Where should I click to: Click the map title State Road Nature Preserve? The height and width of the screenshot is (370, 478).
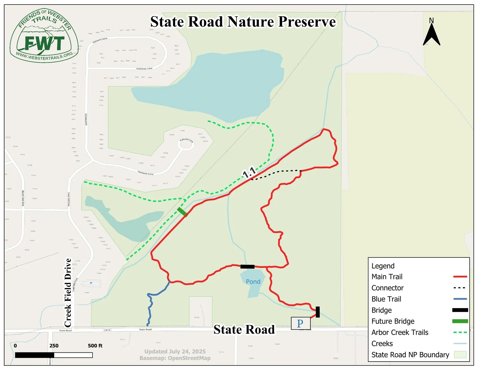click(243, 22)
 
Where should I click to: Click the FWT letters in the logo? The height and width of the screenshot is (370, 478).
click(45, 43)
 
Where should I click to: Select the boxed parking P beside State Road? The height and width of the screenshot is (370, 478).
click(301, 323)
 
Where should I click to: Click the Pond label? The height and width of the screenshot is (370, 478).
click(253, 282)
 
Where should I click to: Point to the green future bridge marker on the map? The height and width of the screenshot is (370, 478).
click(182, 212)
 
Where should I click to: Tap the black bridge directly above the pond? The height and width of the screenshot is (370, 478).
click(247, 266)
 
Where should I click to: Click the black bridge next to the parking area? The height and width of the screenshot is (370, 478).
click(318, 312)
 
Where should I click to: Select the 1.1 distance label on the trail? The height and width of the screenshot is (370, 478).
click(249, 172)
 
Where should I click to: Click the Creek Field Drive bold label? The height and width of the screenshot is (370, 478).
click(68, 292)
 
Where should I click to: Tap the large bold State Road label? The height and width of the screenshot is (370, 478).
click(244, 329)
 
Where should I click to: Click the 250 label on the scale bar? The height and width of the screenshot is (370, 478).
click(54, 346)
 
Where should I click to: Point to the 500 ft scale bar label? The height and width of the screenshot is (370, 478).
click(95, 346)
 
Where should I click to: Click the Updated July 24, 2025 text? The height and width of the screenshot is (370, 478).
click(175, 351)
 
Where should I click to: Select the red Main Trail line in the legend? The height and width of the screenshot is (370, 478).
click(460, 277)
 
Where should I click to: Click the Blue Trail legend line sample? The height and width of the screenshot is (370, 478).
click(460, 299)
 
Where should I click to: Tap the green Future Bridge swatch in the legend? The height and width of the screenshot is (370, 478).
click(460, 321)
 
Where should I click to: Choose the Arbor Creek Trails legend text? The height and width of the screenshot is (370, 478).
click(400, 332)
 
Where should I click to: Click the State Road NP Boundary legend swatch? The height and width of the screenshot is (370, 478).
click(460, 355)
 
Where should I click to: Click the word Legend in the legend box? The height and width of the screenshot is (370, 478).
click(383, 266)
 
